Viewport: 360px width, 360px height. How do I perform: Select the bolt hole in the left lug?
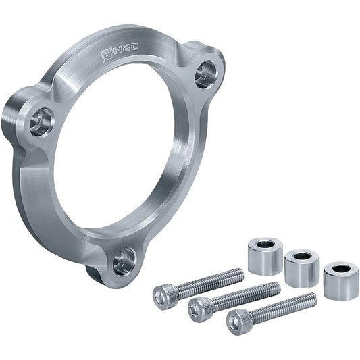coord(43,122)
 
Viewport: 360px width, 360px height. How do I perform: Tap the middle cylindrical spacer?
coord(302,268)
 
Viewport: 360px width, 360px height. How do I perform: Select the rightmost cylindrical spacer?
coord(341,281)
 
